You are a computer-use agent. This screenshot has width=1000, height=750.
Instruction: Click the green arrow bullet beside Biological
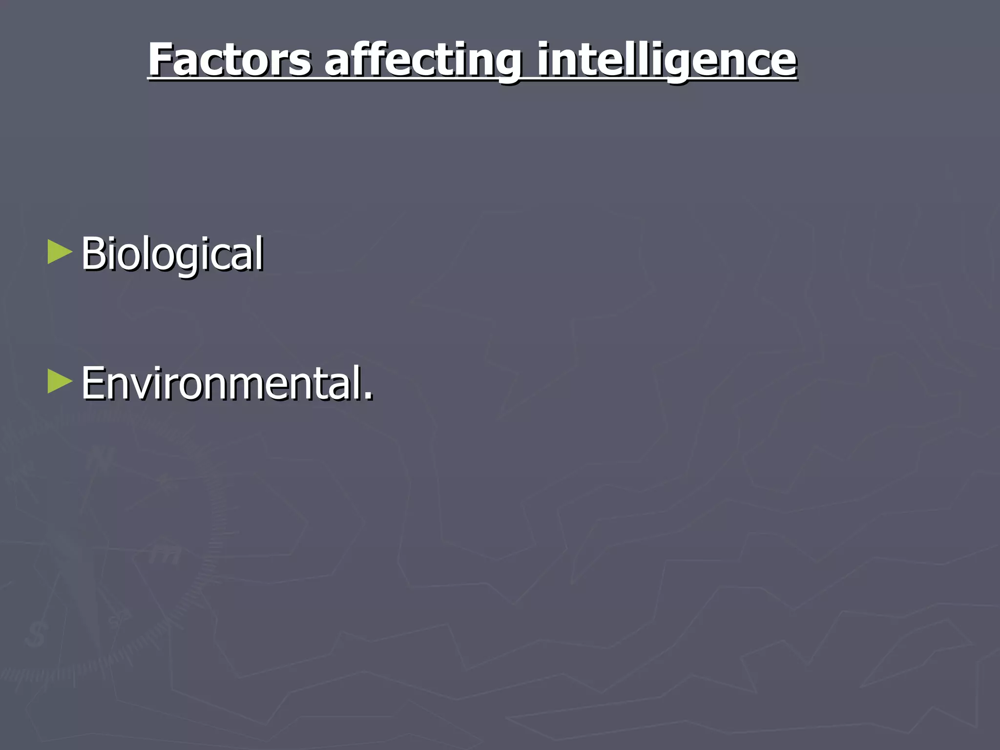point(60,252)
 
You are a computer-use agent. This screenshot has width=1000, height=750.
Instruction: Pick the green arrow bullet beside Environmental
point(60,382)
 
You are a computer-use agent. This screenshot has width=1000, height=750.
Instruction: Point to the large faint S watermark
point(35,635)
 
